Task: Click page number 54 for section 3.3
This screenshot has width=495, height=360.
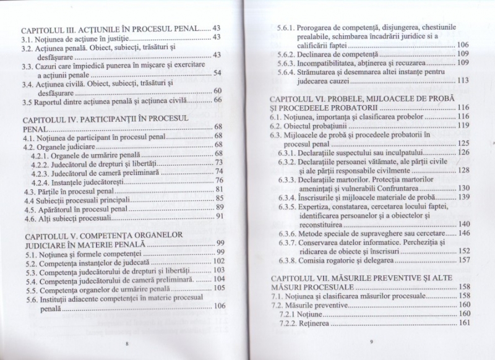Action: (217, 74)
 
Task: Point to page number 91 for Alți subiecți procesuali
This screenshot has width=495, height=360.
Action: (218, 217)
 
